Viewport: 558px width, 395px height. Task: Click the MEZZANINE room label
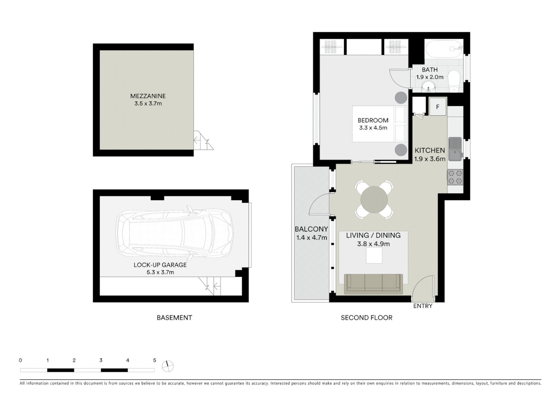pos(148,96)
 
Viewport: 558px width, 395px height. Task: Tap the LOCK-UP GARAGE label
pos(160,265)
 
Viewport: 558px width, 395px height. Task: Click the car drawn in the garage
pos(175,233)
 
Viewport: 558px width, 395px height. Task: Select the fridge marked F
pos(437,107)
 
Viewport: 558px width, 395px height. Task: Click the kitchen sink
pos(455,149)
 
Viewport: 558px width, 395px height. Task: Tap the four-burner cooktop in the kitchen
pos(455,177)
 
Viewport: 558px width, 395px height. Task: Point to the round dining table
pos(374,200)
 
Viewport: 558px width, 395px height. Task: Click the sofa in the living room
pos(374,283)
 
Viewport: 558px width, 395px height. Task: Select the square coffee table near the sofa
pos(374,255)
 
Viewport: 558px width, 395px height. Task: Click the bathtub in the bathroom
pos(444,49)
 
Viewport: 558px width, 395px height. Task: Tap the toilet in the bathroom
pos(454,81)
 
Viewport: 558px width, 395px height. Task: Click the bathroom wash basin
pos(428,87)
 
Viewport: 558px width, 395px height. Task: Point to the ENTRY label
pos(423,306)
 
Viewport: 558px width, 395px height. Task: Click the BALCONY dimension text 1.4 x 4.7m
pos(312,238)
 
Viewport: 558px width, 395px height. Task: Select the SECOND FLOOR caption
pos(366,318)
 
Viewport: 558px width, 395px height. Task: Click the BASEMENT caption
pos(174,318)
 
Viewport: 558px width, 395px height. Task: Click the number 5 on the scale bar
pos(154,360)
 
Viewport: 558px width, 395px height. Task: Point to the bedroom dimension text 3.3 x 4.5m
pos(373,128)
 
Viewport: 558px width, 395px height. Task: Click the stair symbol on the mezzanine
pos(203,141)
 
